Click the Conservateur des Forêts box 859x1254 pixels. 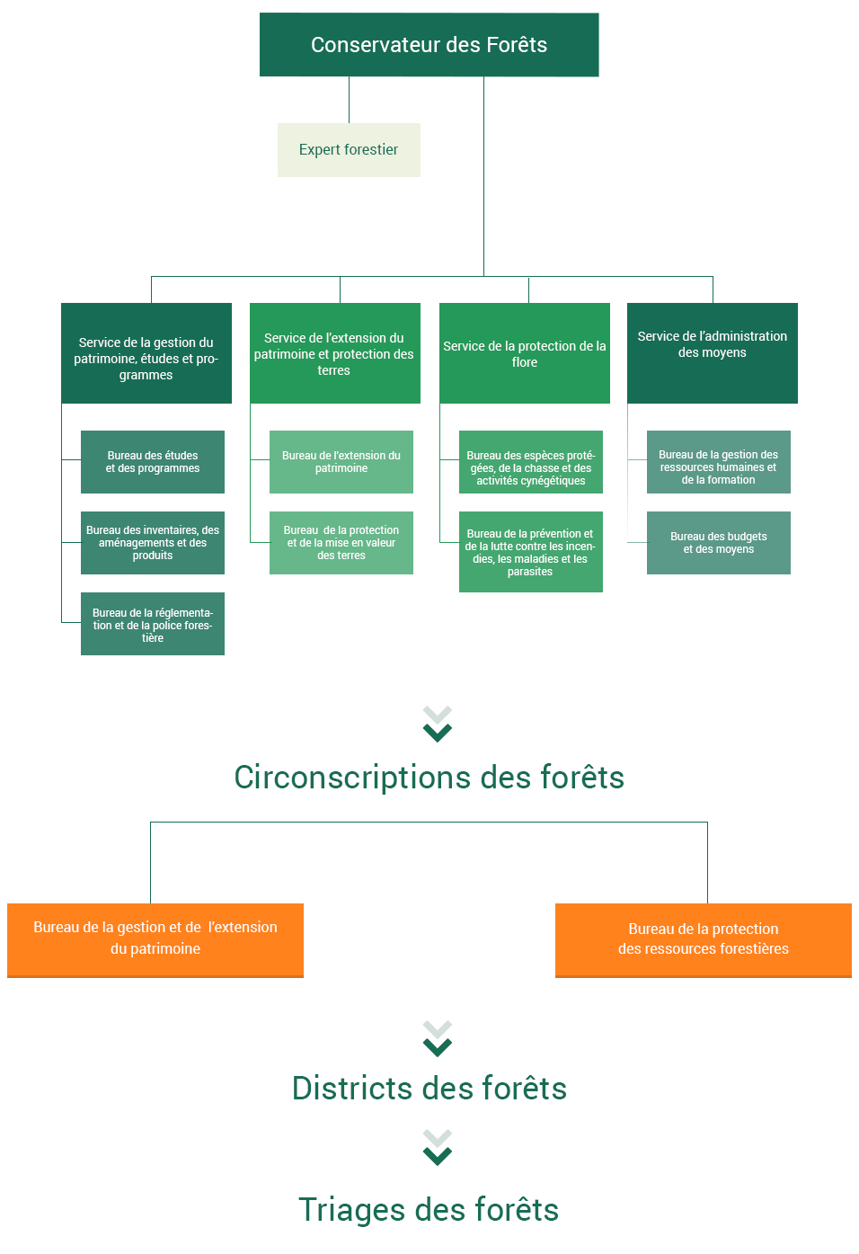click(x=429, y=45)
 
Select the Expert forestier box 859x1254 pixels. click(x=349, y=149)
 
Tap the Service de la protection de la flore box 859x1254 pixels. click(x=525, y=352)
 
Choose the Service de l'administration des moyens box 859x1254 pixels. click(x=713, y=352)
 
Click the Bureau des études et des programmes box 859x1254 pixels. click(x=153, y=462)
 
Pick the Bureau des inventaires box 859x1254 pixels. click(x=153, y=542)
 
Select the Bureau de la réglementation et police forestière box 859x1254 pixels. click(x=153, y=624)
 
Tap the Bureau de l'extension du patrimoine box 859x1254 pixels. click(x=341, y=462)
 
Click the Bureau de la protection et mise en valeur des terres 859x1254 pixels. click(x=341, y=542)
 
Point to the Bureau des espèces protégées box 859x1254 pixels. click(x=530, y=462)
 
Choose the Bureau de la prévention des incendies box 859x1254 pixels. click(x=530, y=551)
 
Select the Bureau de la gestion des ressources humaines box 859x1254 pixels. click(x=719, y=462)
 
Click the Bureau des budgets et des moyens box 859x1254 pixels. click(x=719, y=542)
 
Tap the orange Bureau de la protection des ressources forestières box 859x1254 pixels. click(x=704, y=940)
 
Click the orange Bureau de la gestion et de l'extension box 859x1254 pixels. click(x=155, y=940)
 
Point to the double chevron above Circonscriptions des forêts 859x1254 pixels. click(x=437, y=724)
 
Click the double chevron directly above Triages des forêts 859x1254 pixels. click(x=437, y=1147)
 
